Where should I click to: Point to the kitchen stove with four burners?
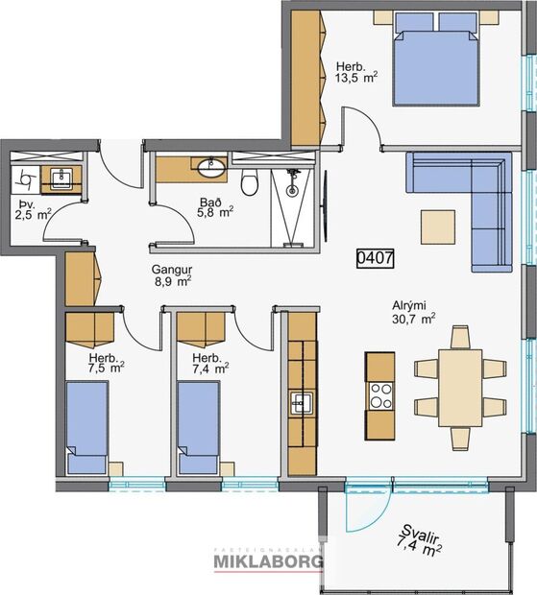pos(380,396)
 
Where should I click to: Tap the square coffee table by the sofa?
pos(439,226)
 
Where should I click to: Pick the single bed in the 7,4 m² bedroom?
pos(199,423)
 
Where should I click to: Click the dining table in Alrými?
pos(460,387)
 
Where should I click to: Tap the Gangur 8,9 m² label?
pos(173,275)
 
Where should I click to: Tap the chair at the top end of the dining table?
pos(460,337)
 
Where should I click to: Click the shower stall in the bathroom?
pos(290,202)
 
